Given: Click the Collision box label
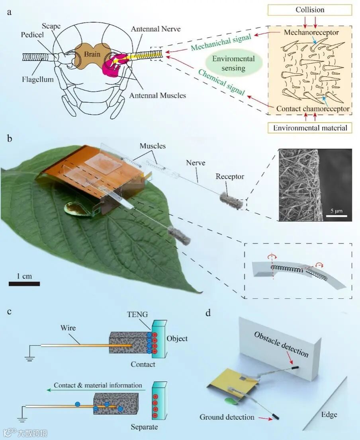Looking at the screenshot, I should click(x=310, y=10).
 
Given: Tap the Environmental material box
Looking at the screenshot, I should click(x=310, y=128).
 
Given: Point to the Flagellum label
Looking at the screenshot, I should click(x=38, y=79).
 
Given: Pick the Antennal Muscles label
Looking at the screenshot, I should click(x=157, y=95).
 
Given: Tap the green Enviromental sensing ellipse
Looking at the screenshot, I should click(x=233, y=63).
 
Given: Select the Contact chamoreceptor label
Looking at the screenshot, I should click(x=313, y=108).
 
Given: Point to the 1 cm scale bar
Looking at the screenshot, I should click(x=24, y=283).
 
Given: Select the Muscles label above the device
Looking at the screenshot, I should click(x=153, y=146).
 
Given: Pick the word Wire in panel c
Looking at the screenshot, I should click(x=68, y=329).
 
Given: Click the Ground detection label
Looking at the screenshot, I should click(x=227, y=417).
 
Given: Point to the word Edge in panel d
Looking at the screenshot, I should click(x=329, y=415).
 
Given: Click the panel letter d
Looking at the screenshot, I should click(x=207, y=313).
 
